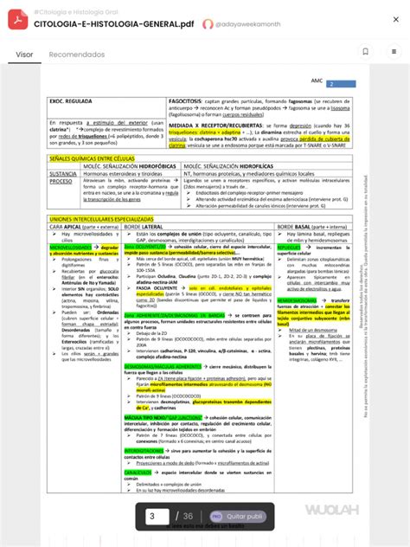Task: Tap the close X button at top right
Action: tap(395, 19)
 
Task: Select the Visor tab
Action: tap(24, 55)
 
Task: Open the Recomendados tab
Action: tap(76, 55)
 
